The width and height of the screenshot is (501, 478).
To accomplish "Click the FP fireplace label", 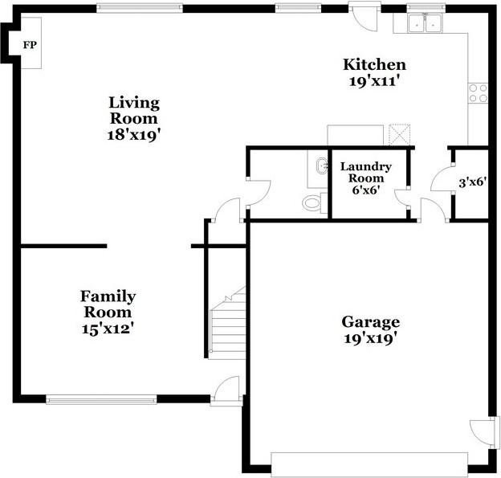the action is click(x=30, y=45).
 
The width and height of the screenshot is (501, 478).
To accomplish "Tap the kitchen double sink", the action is click(x=425, y=23).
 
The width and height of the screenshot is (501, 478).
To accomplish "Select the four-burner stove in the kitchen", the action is click(x=478, y=92).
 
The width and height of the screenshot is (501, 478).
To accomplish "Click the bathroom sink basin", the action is click(x=321, y=165).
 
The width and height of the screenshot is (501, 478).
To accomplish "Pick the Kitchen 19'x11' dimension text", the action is click(x=374, y=81).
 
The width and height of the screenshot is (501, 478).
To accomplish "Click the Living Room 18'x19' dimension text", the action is click(x=133, y=135).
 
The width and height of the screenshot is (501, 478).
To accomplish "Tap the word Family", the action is click(x=108, y=297).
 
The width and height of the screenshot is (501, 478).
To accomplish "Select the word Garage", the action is click(x=371, y=322).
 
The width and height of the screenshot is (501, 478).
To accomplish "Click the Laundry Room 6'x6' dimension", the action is click(x=366, y=190).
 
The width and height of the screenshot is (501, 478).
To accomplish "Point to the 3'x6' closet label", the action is click(x=473, y=182).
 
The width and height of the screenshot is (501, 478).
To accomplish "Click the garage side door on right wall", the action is click(x=483, y=432).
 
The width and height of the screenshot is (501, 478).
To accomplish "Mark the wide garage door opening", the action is click(x=369, y=462).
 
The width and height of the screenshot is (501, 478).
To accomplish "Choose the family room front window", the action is click(x=101, y=399).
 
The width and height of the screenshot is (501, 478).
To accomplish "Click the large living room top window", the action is click(x=140, y=8).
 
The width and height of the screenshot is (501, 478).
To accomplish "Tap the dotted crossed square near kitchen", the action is click(x=399, y=135).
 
